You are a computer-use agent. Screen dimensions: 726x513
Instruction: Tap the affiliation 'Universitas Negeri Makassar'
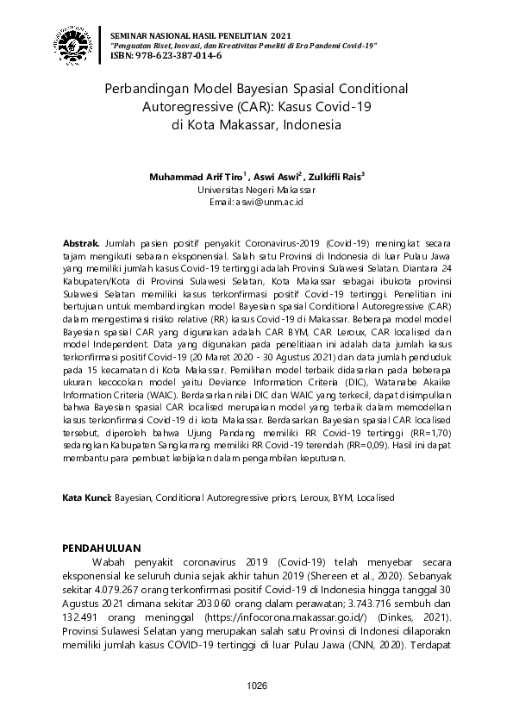(x=256, y=189)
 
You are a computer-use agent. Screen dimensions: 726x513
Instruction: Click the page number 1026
(x=256, y=685)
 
